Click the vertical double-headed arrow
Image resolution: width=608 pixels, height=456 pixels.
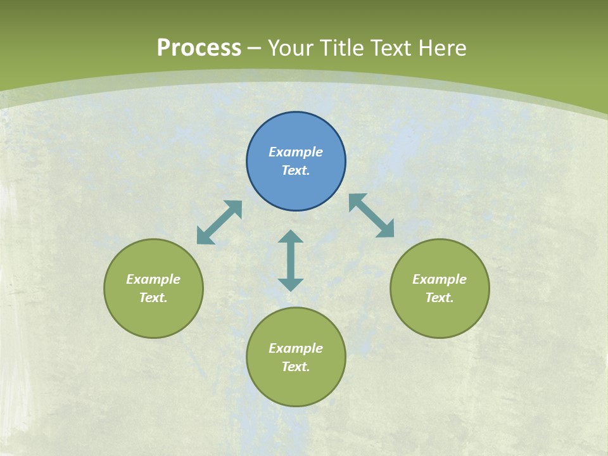(291, 260)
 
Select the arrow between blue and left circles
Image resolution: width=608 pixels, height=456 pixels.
(219, 222)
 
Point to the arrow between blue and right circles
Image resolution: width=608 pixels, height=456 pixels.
(372, 215)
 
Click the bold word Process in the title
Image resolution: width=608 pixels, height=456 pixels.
(199, 48)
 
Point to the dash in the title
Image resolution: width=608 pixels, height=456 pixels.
(255, 49)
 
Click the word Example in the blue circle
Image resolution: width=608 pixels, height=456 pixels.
(296, 152)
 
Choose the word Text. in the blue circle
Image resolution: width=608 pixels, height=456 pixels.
(296, 170)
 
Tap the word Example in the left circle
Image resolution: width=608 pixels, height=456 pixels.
(153, 279)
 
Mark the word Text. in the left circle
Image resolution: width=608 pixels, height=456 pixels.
(153, 298)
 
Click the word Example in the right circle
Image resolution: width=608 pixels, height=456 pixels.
(440, 279)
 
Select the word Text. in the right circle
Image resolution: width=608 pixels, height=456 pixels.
(440, 298)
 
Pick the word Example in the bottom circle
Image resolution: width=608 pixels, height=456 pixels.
(296, 348)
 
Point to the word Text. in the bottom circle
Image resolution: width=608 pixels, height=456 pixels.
(296, 367)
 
